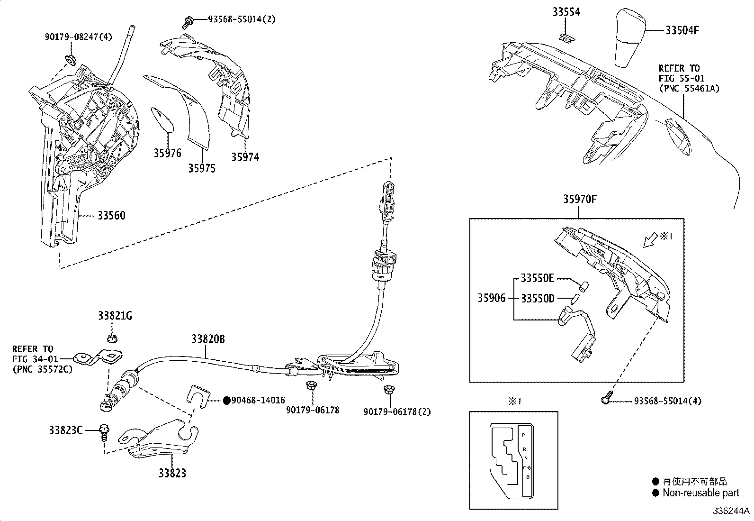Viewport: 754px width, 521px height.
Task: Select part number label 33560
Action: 111,216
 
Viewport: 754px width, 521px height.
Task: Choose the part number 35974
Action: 245,157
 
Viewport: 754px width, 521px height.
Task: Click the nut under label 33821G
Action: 112,338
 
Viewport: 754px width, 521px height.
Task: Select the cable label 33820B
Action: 208,339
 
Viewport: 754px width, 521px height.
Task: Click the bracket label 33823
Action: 172,473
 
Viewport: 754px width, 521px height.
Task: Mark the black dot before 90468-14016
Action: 226,401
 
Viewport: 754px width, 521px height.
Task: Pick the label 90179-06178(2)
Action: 397,411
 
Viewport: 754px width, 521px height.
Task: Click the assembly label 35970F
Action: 580,199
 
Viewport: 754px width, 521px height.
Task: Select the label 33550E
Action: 537,278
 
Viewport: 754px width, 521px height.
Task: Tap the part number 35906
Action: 491,298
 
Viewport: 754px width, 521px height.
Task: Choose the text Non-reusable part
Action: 700,493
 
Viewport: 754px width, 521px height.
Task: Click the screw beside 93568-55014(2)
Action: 188,21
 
